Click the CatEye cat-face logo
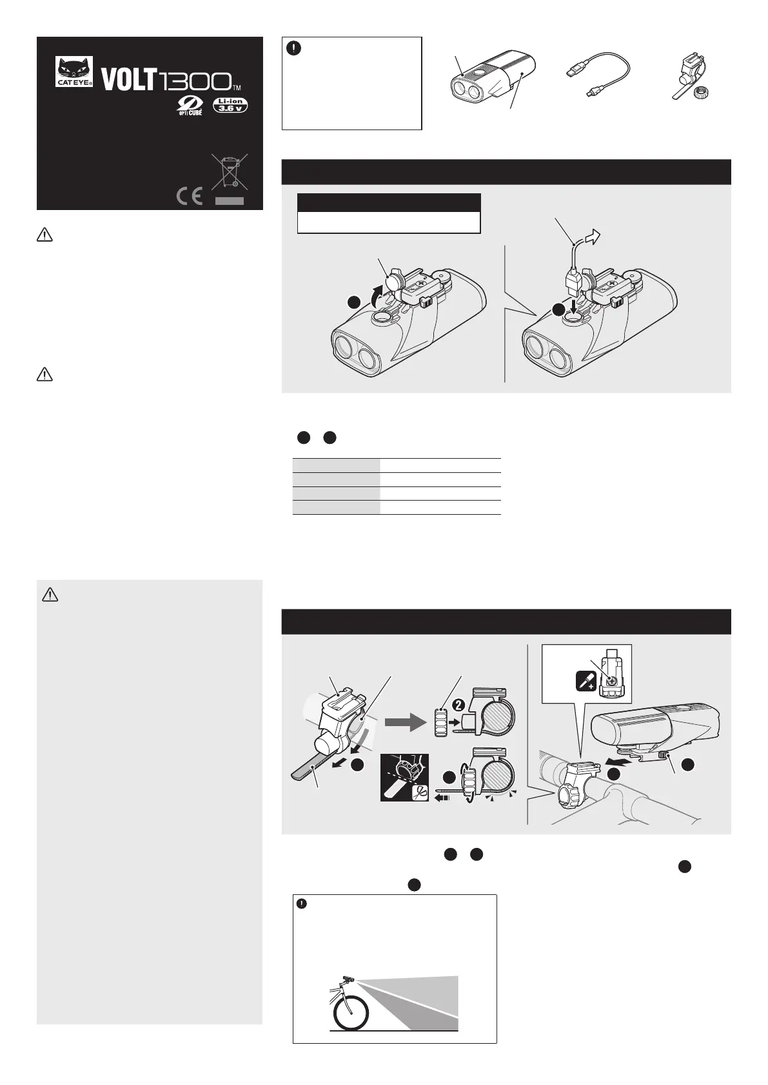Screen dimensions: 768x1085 pyautogui.click(x=74, y=72)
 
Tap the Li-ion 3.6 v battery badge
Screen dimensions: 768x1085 pyautogui.click(x=230, y=105)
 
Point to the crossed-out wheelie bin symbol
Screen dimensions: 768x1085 pyautogui.click(x=230, y=171)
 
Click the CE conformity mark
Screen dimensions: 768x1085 pyautogui.click(x=189, y=196)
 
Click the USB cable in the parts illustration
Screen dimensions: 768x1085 pyautogui.click(x=598, y=73)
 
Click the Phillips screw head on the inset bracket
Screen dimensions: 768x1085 pyautogui.click(x=612, y=680)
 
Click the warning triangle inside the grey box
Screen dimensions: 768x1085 pyautogui.click(x=50, y=594)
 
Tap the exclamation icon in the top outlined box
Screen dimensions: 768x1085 pyautogui.click(x=294, y=48)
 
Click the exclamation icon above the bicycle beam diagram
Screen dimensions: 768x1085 pyautogui.click(x=302, y=903)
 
